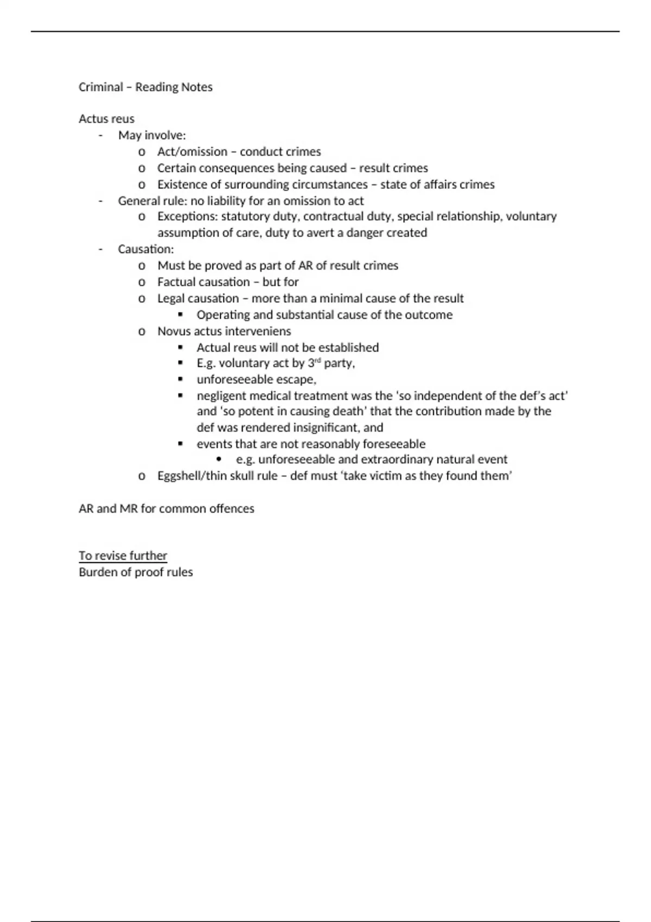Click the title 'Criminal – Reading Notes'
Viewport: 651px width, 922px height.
pyautogui.click(x=145, y=87)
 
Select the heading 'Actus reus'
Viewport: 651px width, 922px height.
pyautogui.click(x=106, y=119)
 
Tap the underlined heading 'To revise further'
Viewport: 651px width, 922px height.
pyautogui.click(x=123, y=555)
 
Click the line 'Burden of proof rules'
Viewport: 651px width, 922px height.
pyautogui.click(x=136, y=572)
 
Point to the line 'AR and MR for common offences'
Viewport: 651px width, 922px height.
pyautogui.click(x=166, y=508)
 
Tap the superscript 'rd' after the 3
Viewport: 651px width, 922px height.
pyautogui.click(x=318, y=360)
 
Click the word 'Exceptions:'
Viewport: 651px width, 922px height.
pyautogui.click(x=188, y=216)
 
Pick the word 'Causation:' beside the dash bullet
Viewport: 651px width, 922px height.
pyautogui.click(x=146, y=249)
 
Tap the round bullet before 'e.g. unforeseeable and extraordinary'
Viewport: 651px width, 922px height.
pyautogui.click(x=219, y=459)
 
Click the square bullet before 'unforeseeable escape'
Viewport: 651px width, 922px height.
pyautogui.click(x=180, y=379)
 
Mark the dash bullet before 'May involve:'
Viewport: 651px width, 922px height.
pyautogui.click(x=100, y=135)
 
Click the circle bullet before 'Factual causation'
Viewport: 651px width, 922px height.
pyautogui.click(x=142, y=282)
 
